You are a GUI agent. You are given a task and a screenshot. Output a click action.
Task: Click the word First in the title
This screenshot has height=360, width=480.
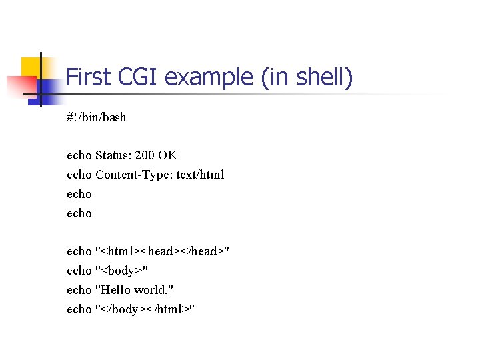(89, 78)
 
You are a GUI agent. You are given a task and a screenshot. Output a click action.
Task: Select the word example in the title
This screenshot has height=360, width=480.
(209, 78)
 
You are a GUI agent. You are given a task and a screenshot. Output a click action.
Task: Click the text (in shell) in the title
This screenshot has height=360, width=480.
(307, 78)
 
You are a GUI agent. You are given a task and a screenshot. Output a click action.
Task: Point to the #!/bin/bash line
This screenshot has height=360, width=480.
(96, 117)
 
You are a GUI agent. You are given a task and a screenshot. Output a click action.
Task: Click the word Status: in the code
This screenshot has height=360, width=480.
(113, 155)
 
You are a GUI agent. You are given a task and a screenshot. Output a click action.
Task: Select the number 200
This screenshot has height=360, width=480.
(145, 155)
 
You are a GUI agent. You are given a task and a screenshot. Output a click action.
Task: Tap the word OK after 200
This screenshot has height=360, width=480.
(168, 155)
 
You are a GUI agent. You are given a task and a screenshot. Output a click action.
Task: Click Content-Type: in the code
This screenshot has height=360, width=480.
(134, 175)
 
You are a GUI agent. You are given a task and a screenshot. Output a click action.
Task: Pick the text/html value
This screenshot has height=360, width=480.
(200, 175)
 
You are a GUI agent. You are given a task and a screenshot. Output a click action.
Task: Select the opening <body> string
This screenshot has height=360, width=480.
(122, 271)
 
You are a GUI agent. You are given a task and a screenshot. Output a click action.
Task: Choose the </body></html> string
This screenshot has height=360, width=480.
(145, 309)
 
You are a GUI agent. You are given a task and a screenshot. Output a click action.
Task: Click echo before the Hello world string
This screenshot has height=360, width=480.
(79, 290)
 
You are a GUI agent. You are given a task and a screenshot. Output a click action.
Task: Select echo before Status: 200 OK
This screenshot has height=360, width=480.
(79, 155)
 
